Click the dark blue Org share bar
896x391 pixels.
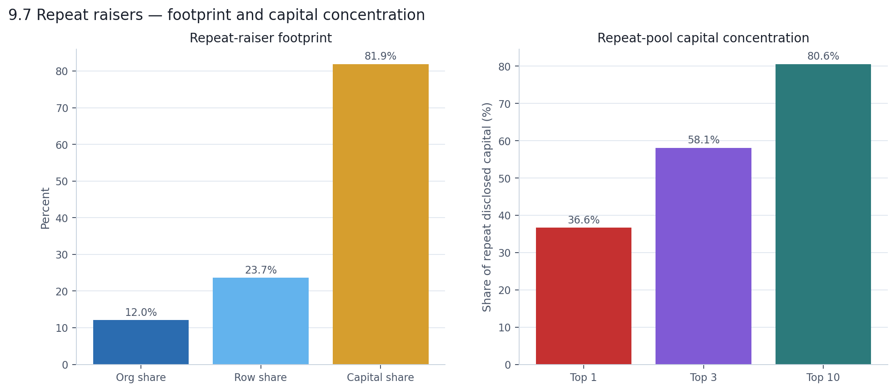click(x=141, y=342)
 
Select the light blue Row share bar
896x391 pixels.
click(x=260, y=321)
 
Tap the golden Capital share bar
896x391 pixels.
click(x=380, y=214)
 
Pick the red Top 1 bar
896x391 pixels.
click(x=583, y=296)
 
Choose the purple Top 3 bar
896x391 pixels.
click(x=703, y=256)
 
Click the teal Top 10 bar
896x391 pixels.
click(x=823, y=214)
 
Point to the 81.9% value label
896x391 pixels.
click(x=380, y=56)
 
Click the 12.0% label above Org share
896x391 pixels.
click(x=141, y=313)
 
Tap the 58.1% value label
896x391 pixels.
click(x=703, y=140)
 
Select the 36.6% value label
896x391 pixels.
click(x=583, y=220)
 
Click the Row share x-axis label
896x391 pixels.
click(x=260, y=378)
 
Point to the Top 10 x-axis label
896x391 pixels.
click(x=823, y=378)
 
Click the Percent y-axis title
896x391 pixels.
click(x=45, y=208)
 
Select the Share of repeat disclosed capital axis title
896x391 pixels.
click(x=487, y=207)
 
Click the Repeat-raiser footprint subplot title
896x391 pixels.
click(x=260, y=38)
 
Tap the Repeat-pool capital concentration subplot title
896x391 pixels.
click(x=703, y=38)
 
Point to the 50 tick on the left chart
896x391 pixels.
click(x=62, y=182)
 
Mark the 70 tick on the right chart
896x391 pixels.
click(x=505, y=104)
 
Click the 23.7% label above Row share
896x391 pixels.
click(x=260, y=270)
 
